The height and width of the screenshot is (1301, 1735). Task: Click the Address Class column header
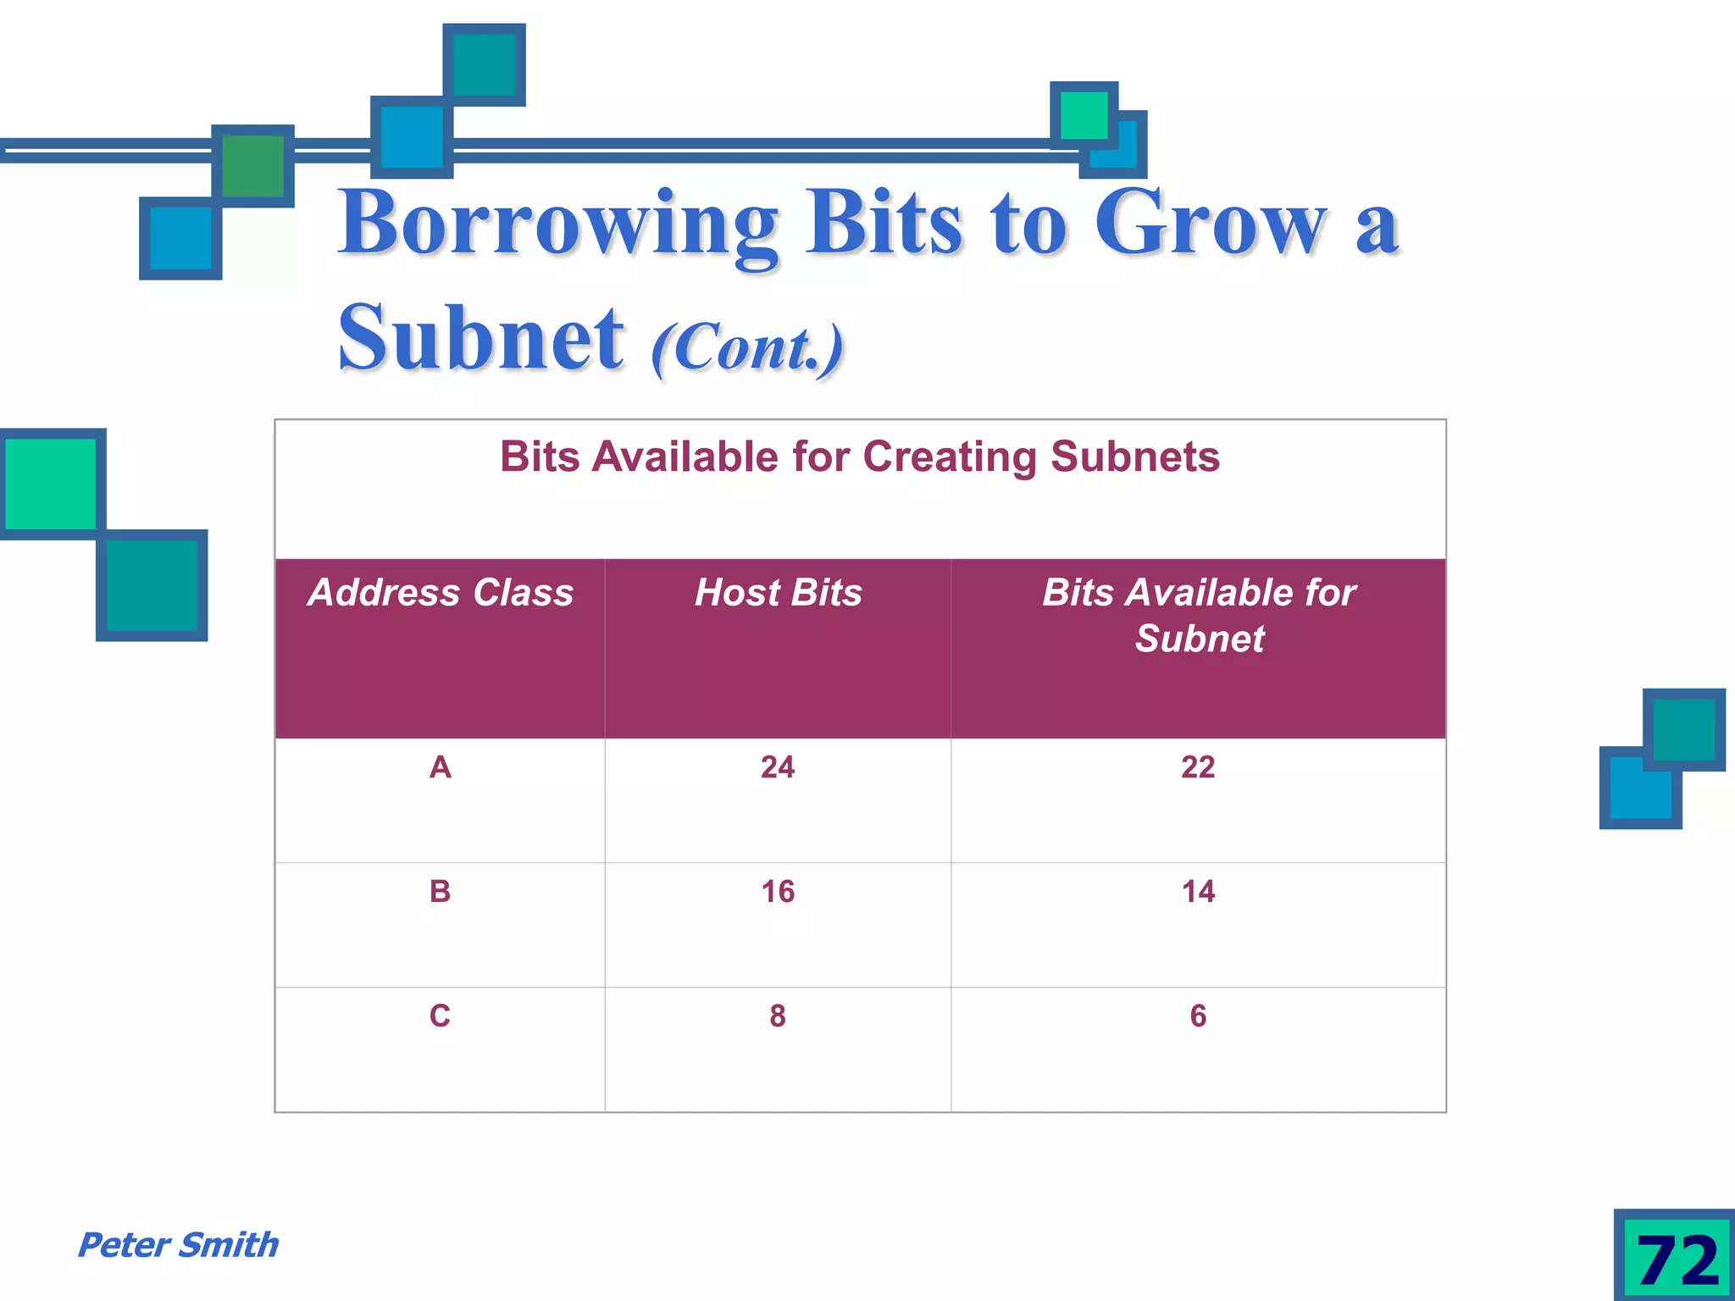point(441,593)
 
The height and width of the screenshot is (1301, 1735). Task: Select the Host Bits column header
point(778,593)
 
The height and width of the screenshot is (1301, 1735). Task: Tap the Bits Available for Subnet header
point(1199,615)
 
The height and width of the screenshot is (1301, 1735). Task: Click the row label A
point(440,767)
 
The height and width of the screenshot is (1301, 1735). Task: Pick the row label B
point(440,892)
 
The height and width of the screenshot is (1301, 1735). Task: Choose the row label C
point(440,1016)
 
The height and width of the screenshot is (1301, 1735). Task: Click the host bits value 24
point(778,767)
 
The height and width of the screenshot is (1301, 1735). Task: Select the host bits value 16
point(778,892)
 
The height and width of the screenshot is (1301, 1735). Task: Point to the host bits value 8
point(778,1016)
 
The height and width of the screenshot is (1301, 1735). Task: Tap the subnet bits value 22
point(1198,767)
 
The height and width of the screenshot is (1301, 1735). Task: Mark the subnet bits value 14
point(1198,892)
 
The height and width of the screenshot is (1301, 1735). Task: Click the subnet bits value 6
point(1198,1016)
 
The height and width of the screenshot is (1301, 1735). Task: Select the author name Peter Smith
point(178,1245)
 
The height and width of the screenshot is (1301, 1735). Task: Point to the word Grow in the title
point(1210,224)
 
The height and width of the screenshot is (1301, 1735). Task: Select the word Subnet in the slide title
point(480,339)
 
